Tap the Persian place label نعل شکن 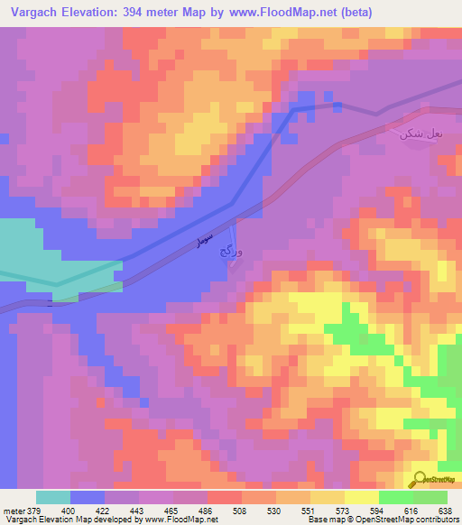[421, 134]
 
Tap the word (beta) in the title [350, 13]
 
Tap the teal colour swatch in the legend [53, 497]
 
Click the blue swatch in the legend [88, 497]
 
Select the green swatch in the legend [396, 497]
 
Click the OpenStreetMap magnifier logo [420, 479]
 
